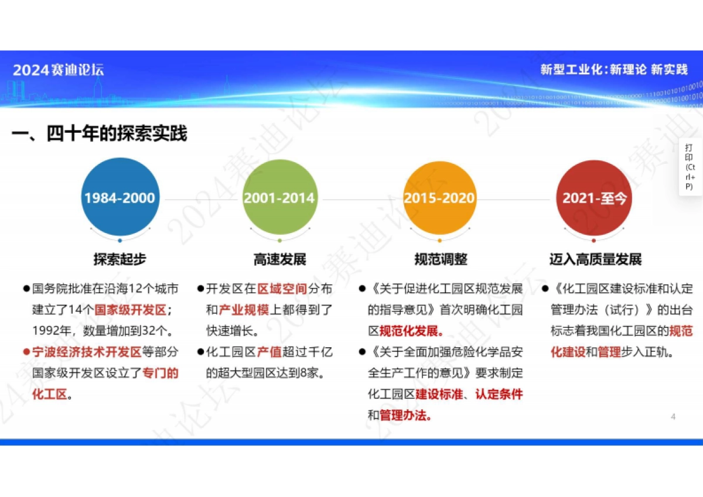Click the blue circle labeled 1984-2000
(x=120, y=197)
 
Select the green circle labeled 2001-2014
(x=279, y=197)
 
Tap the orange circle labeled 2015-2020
(x=439, y=197)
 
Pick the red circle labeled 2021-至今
(x=594, y=197)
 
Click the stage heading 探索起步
(x=120, y=259)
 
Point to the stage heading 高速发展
(x=279, y=259)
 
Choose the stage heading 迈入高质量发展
(x=595, y=259)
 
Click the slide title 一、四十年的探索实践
(x=100, y=133)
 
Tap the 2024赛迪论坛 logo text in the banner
(x=59, y=70)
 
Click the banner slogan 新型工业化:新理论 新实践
(x=613, y=70)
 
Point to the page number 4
(x=673, y=416)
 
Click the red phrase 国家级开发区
(x=130, y=310)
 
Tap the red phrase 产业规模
(x=244, y=310)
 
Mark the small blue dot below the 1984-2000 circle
(x=120, y=240)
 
